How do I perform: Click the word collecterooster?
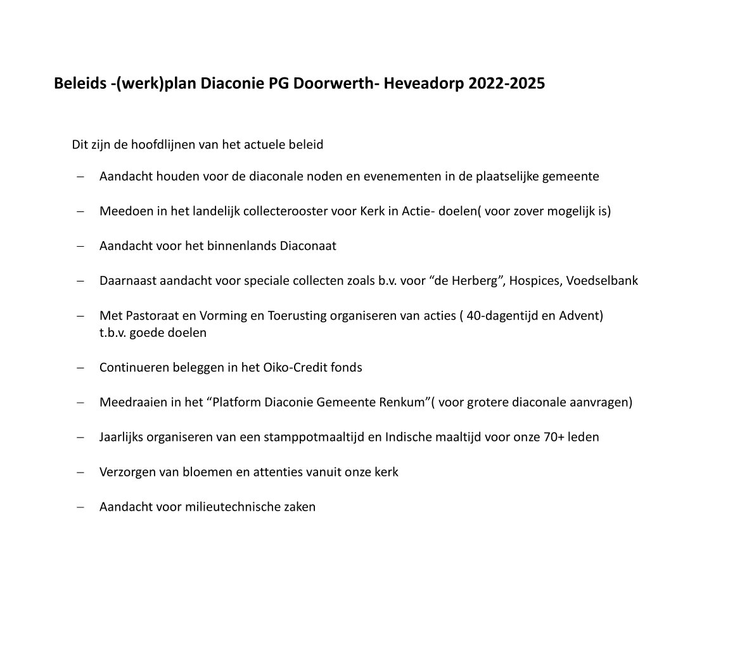tap(288, 211)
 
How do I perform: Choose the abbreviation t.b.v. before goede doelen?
tap(113, 332)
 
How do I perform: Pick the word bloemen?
tap(180, 472)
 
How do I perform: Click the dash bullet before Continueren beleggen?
tap(80, 367)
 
